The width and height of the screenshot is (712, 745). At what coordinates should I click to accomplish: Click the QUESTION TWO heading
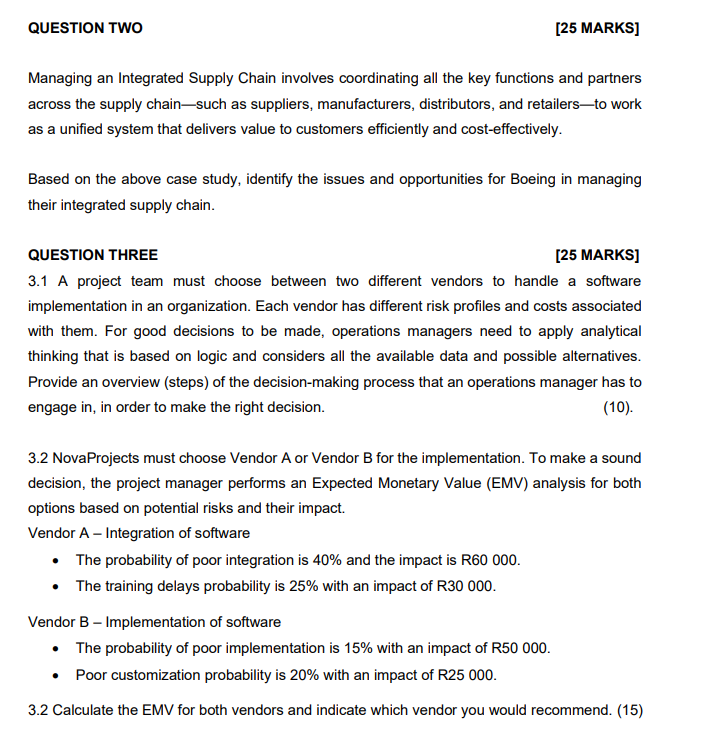click(x=85, y=28)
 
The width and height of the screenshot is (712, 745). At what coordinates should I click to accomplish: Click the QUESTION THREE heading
click(x=92, y=255)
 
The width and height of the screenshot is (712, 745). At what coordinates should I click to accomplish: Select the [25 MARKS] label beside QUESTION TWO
click(x=597, y=28)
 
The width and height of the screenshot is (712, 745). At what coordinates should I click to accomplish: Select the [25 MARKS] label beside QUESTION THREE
click(x=597, y=255)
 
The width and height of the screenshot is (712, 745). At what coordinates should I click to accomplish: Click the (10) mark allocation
click(x=622, y=407)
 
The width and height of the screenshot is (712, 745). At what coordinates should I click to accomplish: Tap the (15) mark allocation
click(x=630, y=710)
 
